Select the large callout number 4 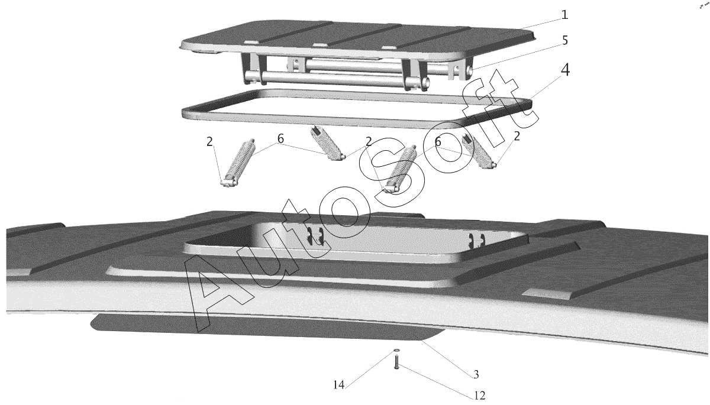[565, 70]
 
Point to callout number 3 [476, 374]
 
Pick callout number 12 [479, 396]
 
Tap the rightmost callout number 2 [517, 136]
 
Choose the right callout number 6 [438, 142]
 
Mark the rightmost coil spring [478, 151]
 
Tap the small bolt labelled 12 [396, 362]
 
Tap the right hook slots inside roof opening [476, 238]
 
